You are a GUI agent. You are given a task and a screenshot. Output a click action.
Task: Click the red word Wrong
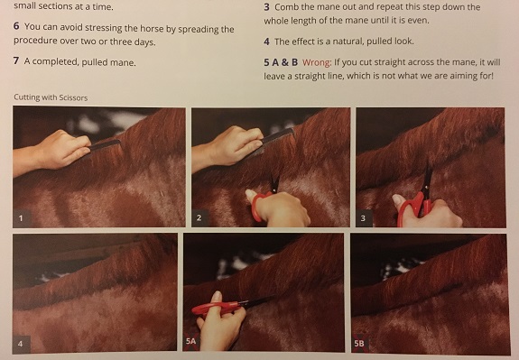click(x=317, y=62)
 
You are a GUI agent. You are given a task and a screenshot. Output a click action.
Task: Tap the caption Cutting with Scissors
click(x=51, y=97)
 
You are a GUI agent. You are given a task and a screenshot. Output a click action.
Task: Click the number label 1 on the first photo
click(x=21, y=218)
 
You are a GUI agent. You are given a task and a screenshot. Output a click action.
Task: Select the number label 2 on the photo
click(x=199, y=217)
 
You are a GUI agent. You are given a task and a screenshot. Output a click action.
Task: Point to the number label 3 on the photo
click(x=363, y=218)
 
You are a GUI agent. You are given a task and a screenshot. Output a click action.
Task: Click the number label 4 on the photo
click(x=21, y=344)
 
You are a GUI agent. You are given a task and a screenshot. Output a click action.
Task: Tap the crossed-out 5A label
click(x=191, y=341)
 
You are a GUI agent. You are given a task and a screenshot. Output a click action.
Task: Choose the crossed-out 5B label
click(x=359, y=343)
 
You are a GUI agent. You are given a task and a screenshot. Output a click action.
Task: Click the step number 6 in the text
click(x=16, y=26)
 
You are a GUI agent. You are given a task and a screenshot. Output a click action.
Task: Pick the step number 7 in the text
click(x=16, y=60)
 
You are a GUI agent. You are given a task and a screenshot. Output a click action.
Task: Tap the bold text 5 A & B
click(x=281, y=62)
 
